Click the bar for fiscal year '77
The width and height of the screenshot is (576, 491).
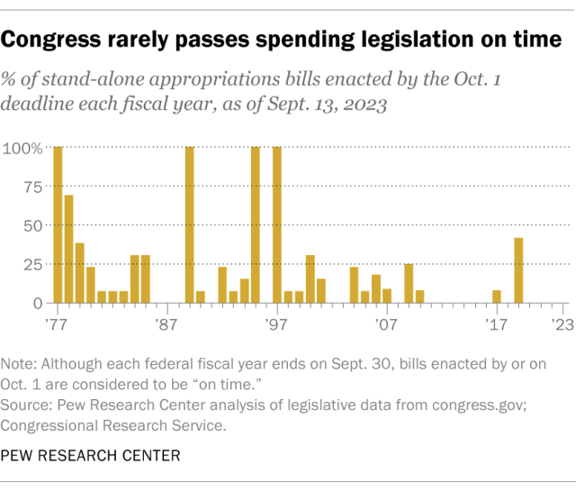click(x=58, y=225)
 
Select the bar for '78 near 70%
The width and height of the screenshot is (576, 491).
click(x=68, y=249)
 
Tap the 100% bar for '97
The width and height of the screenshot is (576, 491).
click(x=277, y=225)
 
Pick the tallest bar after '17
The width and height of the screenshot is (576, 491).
click(x=518, y=270)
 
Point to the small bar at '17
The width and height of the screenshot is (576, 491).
click(x=497, y=296)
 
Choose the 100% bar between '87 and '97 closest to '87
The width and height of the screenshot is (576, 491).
click(x=190, y=225)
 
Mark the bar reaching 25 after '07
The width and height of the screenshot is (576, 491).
click(x=409, y=284)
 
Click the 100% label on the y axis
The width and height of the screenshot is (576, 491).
click(x=22, y=149)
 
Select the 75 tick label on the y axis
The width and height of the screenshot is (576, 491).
click(x=33, y=187)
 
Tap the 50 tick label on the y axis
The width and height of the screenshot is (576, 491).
click(x=33, y=226)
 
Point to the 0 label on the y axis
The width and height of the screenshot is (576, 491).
click(x=38, y=304)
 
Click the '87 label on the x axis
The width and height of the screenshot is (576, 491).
click(x=166, y=324)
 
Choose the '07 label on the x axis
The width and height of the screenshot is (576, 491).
click(x=386, y=324)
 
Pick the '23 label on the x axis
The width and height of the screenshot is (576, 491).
click(x=562, y=324)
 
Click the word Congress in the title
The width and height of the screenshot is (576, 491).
click(x=50, y=40)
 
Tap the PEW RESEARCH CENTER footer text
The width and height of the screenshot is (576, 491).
click(x=90, y=456)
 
